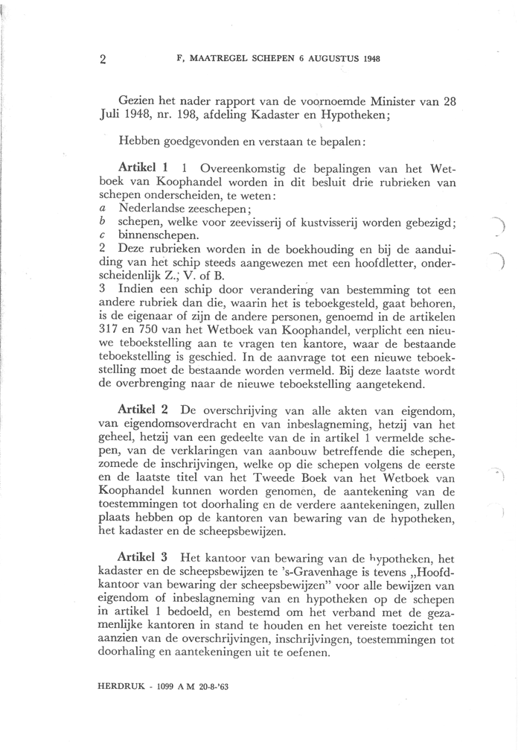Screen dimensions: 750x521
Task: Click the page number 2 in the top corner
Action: (x=102, y=60)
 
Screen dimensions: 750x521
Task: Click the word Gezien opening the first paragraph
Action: (x=138, y=101)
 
